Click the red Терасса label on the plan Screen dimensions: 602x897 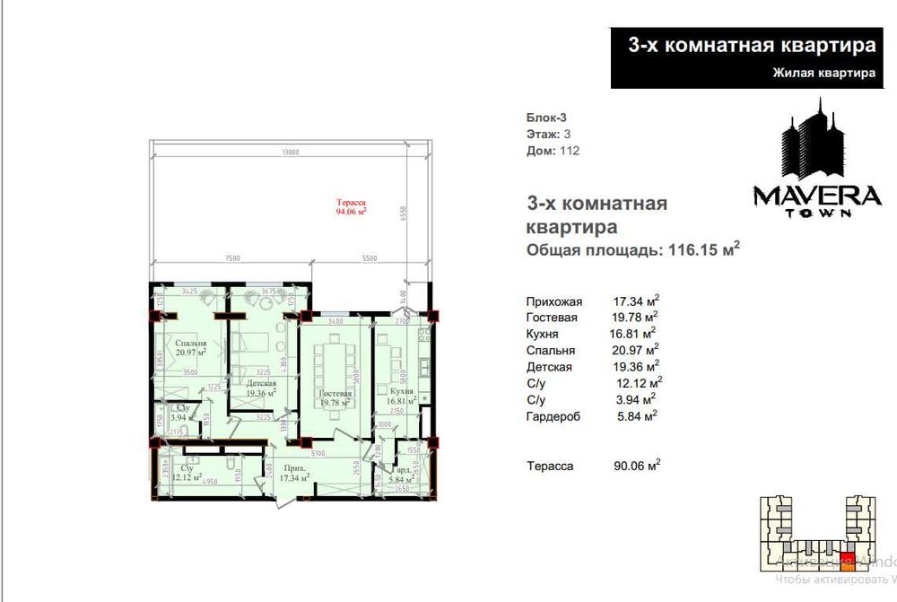(x=352, y=208)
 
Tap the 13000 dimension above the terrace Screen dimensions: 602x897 (x=290, y=153)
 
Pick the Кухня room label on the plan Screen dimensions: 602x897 (x=401, y=394)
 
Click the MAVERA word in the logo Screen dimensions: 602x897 (x=815, y=196)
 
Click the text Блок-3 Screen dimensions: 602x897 (x=546, y=118)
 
